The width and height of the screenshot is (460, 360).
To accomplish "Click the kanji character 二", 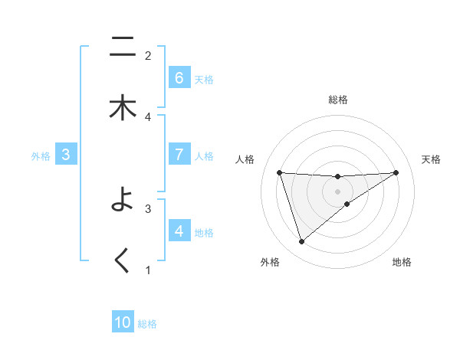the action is click(123, 47).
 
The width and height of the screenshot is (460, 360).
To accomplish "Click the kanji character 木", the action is click(123, 110).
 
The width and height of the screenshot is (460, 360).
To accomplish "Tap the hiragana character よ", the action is click(123, 201).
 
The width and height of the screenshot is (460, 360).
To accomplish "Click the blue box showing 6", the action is click(179, 78).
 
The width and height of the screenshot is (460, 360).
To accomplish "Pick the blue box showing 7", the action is click(179, 154).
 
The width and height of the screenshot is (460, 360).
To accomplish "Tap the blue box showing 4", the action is click(179, 231).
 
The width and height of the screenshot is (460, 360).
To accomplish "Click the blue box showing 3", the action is click(66, 155).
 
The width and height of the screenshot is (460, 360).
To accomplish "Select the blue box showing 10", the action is click(123, 323).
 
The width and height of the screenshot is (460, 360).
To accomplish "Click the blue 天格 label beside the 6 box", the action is click(204, 79).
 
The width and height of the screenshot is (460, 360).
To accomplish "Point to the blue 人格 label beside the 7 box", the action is click(204, 155).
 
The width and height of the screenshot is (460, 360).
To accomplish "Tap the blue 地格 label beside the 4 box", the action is click(204, 232).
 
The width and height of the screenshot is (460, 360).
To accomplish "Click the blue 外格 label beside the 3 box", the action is click(41, 155).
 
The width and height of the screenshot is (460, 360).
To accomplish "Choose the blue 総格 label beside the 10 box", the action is click(147, 324).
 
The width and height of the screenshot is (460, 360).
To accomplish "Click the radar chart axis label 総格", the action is click(337, 100).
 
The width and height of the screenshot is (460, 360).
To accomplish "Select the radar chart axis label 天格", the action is click(431, 159).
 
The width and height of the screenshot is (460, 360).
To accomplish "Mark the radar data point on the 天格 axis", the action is click(396, 172).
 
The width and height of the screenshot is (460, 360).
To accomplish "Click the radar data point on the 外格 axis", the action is click(301, 241).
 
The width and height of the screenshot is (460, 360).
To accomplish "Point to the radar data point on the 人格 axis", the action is click(279, 172).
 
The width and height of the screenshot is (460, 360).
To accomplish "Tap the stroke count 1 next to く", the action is click(148, 270).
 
